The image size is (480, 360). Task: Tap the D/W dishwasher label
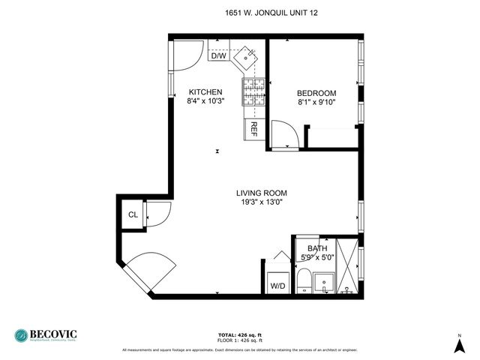point(218,55)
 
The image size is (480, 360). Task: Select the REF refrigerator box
point(253,128)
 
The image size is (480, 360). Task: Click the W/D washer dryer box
point(277,285)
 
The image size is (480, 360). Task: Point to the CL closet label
point(133,215)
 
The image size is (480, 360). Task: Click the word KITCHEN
point(205,92)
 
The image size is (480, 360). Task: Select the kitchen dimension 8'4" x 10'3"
point(205,101)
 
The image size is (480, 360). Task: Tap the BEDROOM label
point(316,93)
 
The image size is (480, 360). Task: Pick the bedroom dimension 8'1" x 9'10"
point(316,102)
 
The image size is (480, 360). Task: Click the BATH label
point(317,248)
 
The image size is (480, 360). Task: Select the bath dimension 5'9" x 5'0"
point(317,257)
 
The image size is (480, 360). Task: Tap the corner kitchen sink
point(247,56)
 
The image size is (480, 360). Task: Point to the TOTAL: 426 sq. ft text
point(240,334)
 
